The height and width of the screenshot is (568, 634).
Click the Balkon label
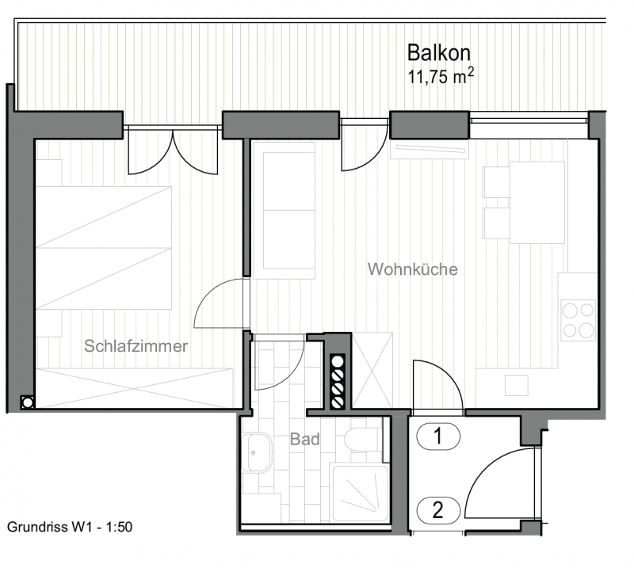(x=439, y=53)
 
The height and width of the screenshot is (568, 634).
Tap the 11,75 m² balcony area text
(x=441, y=76)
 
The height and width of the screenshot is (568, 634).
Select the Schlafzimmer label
(x=136, y=346)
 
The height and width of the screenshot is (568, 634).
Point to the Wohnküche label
(x=413, y=269)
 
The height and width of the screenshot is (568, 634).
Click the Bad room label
(x=305, y=439)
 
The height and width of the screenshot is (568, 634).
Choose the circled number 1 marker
(x=438, y=436)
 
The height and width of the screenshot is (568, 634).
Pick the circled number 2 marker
(x=438, y=510)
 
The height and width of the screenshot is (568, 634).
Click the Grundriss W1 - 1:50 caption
(x=70, y=527)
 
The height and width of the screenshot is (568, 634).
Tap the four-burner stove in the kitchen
(x=579, y=321)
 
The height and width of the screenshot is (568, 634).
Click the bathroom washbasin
(x=256, y=452)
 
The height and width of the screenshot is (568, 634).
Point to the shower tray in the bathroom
(x=360, y=493)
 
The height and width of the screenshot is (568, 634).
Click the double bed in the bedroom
(x=104, y=248)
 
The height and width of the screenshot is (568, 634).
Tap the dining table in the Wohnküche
(x=537, y=203)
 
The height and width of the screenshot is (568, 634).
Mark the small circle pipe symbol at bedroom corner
(x=28, y=402)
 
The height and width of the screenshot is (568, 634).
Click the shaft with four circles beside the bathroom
(x=338, y=381)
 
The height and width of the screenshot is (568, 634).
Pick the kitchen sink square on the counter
(x=517, y=385)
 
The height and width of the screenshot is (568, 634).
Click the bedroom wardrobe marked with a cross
(x=135, y=387)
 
